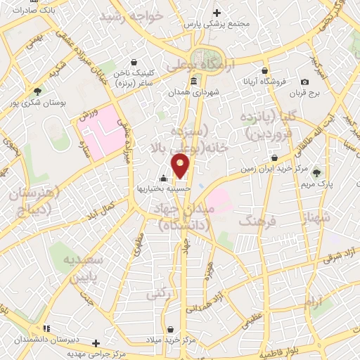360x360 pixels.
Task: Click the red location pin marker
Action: coord(181,167)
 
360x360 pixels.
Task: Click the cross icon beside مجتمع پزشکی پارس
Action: coord(217,13)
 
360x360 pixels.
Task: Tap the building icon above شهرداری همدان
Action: coord(193,82)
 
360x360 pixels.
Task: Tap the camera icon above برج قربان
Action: coord(304,82)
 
